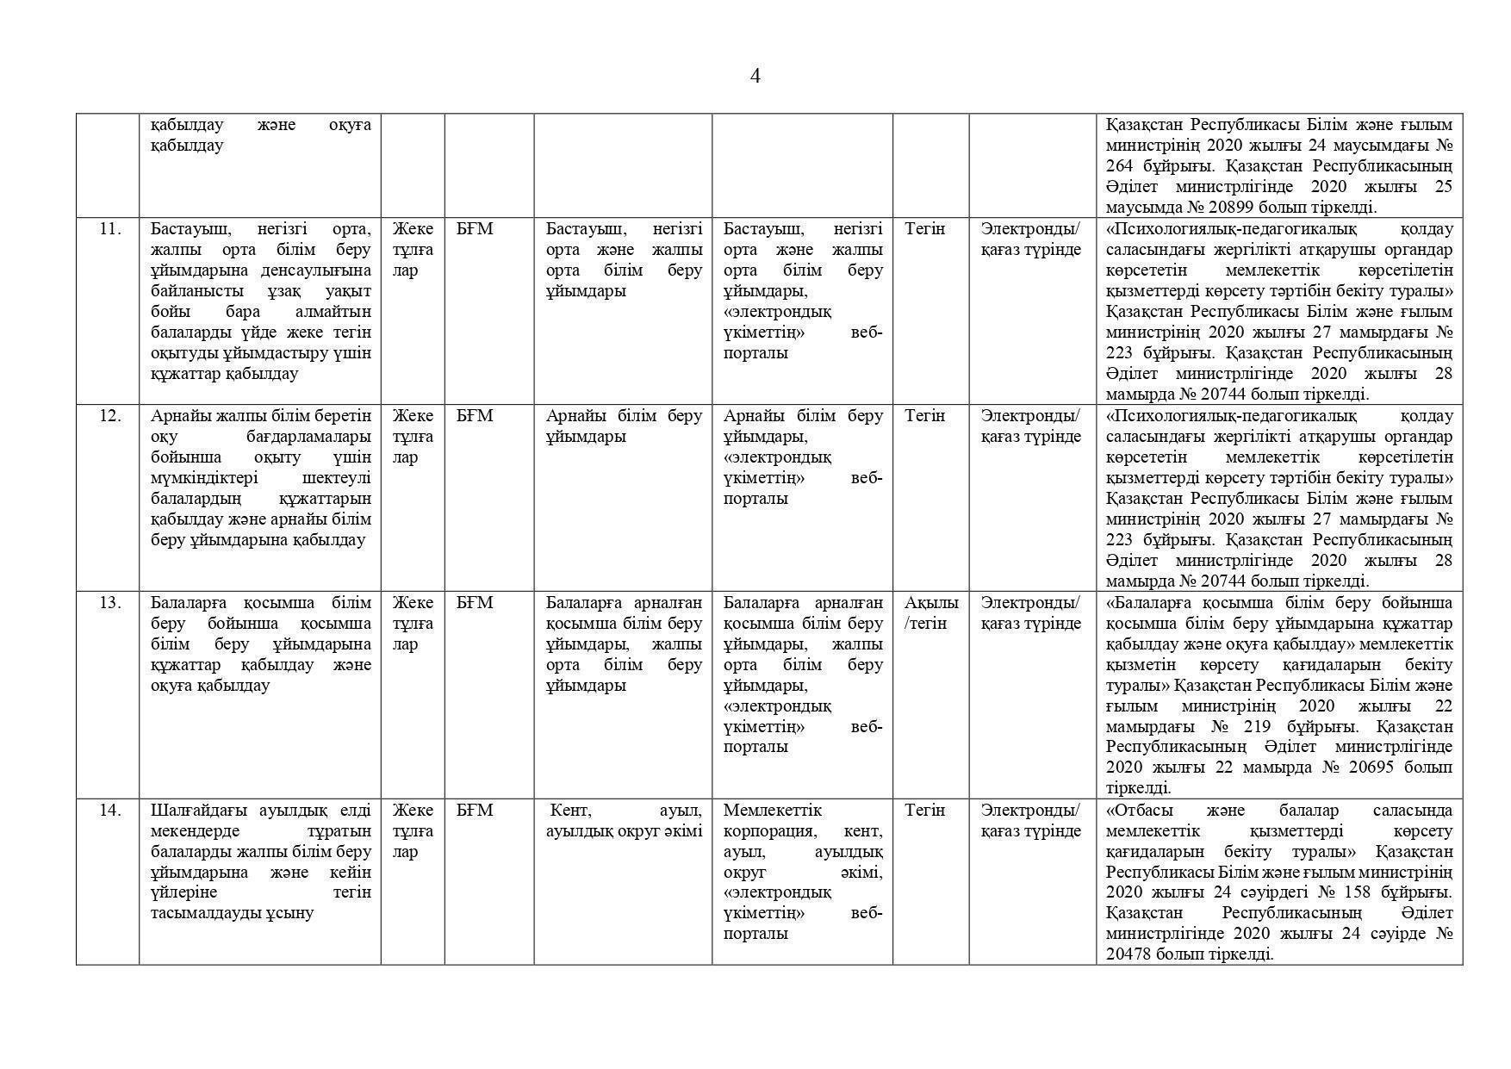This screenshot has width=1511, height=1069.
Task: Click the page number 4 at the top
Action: tap(755, 77)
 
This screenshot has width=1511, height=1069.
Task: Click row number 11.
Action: tap(109, 229)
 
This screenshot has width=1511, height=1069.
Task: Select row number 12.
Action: tap(109, 416)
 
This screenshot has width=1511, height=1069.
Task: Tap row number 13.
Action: tap(109, 603)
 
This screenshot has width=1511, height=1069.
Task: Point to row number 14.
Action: tap(109, 811)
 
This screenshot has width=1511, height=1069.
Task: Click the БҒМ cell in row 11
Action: tap(475, 229)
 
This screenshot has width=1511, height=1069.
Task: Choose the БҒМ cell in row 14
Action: tap(475, 811)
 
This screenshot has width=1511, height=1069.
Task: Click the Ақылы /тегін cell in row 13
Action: tap(930, 612)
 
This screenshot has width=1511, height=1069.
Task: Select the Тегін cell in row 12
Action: tap(924, 416)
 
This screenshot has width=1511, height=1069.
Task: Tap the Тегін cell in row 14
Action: tap(924, 811)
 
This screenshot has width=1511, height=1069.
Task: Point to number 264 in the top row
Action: tap(1120, 166)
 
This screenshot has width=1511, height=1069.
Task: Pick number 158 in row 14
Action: tap(1353, 892)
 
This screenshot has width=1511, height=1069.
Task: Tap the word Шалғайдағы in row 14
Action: tap(200, 811)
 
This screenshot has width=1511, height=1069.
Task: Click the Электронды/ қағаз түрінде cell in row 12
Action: tap(1030, 426)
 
